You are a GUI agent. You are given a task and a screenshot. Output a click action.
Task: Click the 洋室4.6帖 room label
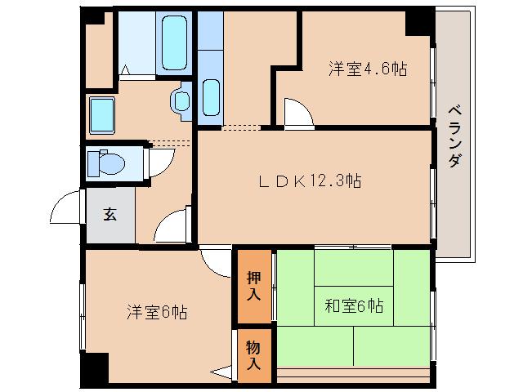pos(368,69)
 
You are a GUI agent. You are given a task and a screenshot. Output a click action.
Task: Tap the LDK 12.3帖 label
pos(310,181)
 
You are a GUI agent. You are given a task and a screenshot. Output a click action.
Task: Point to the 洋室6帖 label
pos(157,312)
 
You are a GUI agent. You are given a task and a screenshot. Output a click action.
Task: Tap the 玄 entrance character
pos(110,215)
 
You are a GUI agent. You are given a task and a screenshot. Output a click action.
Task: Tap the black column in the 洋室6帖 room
pos(96,369)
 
